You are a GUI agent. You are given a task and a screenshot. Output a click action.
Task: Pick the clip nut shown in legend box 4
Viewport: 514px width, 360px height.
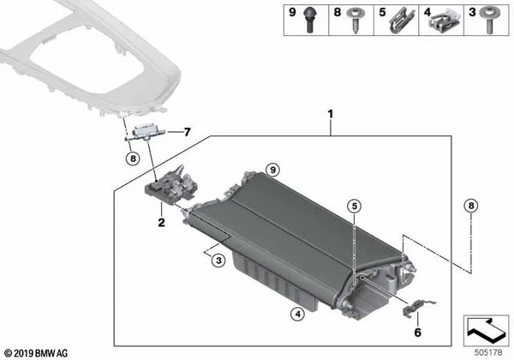click(443, 20)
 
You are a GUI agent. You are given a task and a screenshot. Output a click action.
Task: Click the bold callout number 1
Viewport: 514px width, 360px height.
click(328, 113)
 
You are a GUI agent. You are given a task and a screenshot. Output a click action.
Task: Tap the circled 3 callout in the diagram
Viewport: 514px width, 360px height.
click(219, 260)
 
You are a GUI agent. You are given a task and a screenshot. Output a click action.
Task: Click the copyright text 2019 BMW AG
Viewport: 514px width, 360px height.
click(41, 351)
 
